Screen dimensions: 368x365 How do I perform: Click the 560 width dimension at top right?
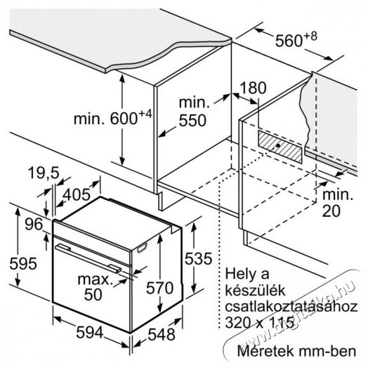pos(296,39)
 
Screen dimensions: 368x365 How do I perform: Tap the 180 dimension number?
pos(254,88)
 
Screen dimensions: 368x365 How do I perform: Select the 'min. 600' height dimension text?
pos(113,117)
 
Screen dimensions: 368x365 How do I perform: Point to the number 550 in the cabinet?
pos(192,121)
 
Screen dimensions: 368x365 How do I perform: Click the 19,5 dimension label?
pos(44,173)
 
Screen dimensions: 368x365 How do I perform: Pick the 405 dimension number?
pos(77,194)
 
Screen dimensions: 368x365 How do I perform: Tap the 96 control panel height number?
pos(34,224)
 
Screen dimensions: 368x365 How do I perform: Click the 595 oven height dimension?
pos(23,263)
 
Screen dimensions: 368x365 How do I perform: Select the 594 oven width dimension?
pos(90,333)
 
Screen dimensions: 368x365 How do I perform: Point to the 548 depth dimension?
pos(162,334)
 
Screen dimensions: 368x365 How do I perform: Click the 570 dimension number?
pos(160,288)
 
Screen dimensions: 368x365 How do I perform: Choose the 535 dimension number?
pos(198,258)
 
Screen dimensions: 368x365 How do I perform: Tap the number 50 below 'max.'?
pos(93,295)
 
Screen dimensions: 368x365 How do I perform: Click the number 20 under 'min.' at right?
pos(331,211)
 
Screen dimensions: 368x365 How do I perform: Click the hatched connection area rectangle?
pos(280,147)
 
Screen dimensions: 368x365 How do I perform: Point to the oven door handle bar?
pos(88,258)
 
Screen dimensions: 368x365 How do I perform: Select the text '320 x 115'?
pos(260,322)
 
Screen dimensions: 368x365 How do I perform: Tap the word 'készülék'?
pos(255,290)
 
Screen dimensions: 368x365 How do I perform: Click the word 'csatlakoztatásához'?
pos(291,306)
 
